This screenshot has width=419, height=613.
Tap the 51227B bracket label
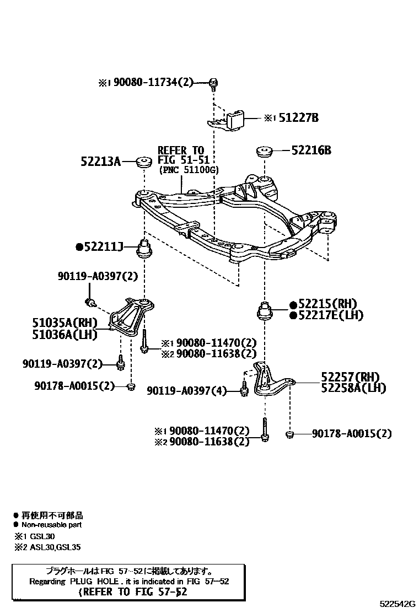click(x=298, y=117)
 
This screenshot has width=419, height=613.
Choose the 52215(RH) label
click(x=326, y=304)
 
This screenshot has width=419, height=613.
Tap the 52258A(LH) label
click(x=353, y=388)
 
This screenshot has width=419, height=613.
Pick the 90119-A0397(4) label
click(x=187, y=391)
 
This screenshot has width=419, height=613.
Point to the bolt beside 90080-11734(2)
click(x=213, y=83)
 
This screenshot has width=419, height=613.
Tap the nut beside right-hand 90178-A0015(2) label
click(x=289, y=435)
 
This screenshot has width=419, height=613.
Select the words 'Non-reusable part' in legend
click(x=51, y=525)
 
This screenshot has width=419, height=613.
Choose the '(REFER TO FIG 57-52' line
click(x=133, y=592)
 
